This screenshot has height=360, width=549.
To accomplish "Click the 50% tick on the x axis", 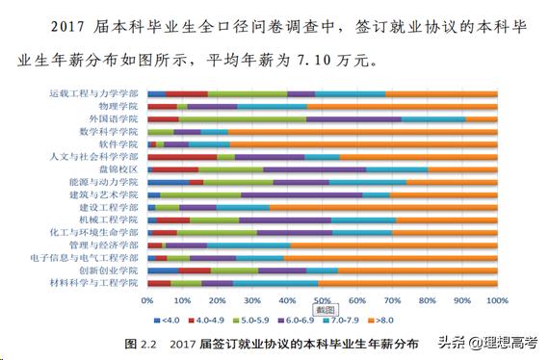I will (322, 300).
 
